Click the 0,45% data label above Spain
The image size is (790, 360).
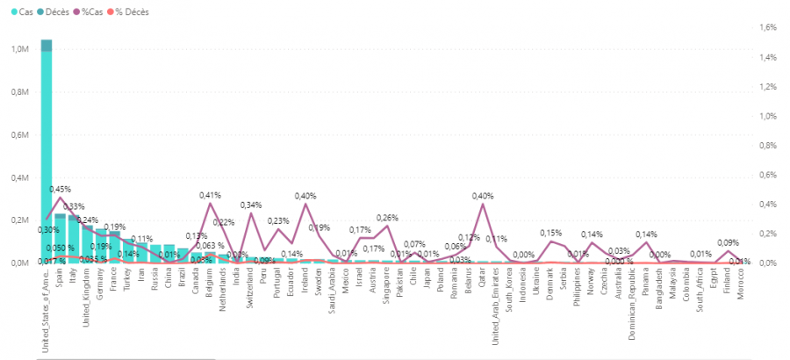61,189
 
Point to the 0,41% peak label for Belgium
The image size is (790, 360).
210,195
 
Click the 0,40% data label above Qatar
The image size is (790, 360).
483,196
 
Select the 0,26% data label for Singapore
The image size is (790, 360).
387,217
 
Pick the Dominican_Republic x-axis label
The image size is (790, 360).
631,300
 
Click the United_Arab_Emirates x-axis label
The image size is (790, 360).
495,303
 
